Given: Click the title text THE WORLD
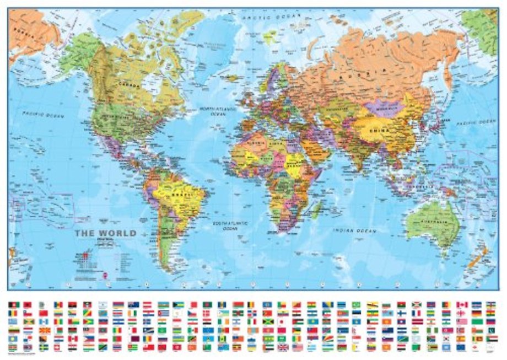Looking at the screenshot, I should [x=105, y=233].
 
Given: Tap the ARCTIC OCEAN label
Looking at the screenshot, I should [x=269, y=18].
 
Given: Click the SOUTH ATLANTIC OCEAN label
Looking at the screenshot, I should [x=230, y=224].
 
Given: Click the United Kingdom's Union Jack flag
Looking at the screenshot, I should [x=282, y=347].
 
